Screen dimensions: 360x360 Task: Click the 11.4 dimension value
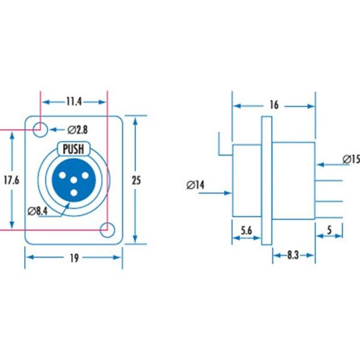click(x=73, y=102)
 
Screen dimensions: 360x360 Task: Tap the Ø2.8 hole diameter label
click(x=77, y=129)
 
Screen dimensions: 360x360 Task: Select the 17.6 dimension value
click(x=12, y=180)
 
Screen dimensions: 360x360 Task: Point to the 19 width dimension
click(x=74, y=258)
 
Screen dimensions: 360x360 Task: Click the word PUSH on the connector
click(x=73, y=149)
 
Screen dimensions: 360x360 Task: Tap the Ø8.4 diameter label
click(x=38, y=211)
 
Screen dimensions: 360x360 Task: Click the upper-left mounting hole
click(x=40, y=129)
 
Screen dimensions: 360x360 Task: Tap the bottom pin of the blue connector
click(x=74, y=193)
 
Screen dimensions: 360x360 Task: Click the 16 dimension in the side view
click(x=274, y=105)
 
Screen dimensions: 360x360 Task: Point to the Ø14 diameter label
click(x=195, y=185)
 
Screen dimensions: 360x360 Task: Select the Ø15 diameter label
click(x=351, y=159)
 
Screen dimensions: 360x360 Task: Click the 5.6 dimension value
click(x=246, y=231)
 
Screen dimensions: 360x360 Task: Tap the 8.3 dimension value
click(x=293, y=255)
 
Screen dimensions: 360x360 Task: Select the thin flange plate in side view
click(x=266, y=180)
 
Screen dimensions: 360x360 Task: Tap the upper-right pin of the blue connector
click(x=85, y=175)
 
